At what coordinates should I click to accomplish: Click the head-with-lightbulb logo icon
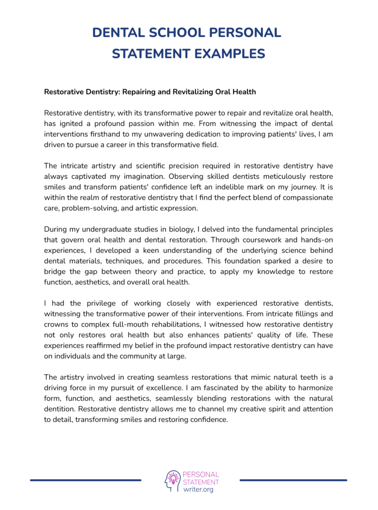click(x=172, y=481)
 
